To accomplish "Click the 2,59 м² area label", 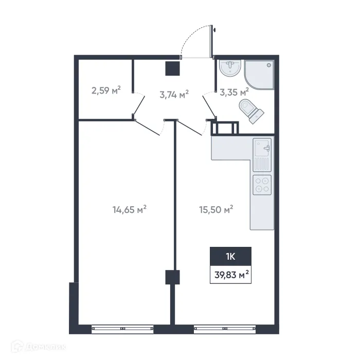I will (x=106, y=92).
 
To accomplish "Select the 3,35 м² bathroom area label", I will (x=234, y=93).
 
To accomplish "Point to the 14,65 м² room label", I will (x=130, y=209).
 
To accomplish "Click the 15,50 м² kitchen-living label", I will (x=216, y=209).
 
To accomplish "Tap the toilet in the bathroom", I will (x=250, y=111).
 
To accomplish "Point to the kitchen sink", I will (x=262, y=149).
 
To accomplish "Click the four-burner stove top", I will (x=262, y=185).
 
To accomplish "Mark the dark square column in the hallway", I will (x=173, y=69).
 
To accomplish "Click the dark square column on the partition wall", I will (x=173, y=277).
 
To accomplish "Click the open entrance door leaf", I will (x=211, y=41).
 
